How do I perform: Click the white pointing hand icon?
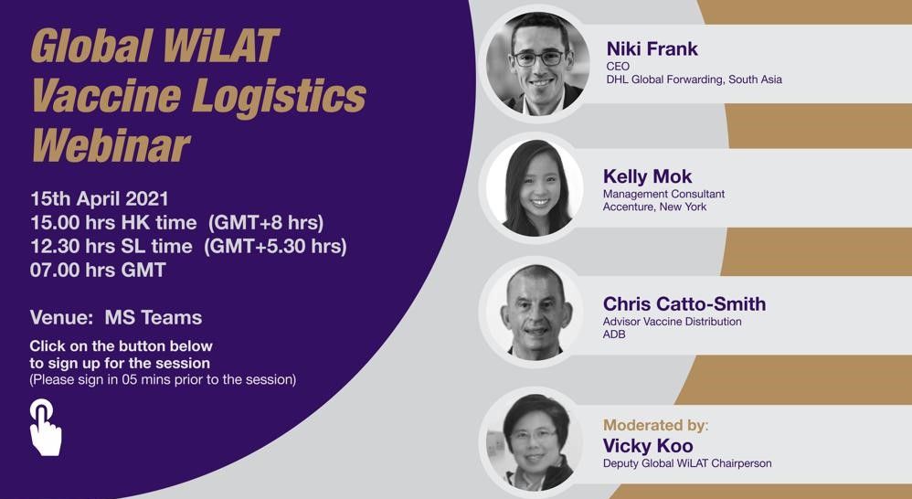coord(46,427)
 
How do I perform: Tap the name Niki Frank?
coord(652,48)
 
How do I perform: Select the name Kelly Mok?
coord(647,176)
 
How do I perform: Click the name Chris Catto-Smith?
coord(684,303)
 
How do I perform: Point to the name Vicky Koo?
coord(648,446)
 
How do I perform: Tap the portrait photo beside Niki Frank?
coord(536,64)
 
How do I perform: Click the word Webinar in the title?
coord(111,144)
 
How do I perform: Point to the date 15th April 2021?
coord(100,199)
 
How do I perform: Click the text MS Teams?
coord(154,317)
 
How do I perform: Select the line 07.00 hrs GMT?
coord(99,270)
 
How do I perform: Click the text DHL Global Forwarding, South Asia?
coord(694,80)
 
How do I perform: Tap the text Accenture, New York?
coord(655,207)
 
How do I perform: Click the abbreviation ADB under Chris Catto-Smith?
coord(614,334)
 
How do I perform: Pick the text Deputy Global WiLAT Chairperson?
coord(687,463)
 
